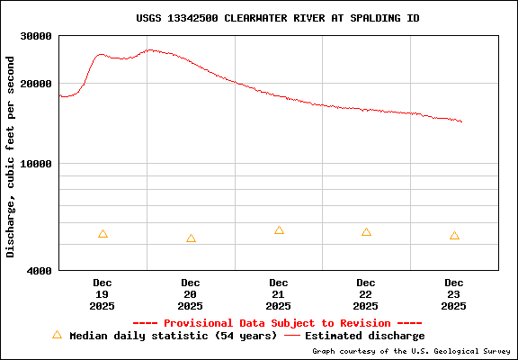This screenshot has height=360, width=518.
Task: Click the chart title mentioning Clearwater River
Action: [277, 18]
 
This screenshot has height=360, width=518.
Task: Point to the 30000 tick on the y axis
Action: [36, 37]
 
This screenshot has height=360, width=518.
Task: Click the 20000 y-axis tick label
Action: [36, 84]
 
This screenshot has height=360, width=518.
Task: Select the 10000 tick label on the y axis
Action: [36, 164]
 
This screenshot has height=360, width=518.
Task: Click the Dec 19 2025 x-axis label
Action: [103, 294]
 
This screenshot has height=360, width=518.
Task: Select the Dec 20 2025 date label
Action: [191, 294]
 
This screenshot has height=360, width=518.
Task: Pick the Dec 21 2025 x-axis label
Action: [279, 294]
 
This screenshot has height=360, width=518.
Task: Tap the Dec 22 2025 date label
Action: [366, 294]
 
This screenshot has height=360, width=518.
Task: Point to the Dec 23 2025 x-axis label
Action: [454, 294]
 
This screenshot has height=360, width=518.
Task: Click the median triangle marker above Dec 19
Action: [103, 234]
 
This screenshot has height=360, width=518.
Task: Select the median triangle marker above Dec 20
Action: [191, 238]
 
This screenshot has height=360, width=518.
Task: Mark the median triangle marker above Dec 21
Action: [279, 230]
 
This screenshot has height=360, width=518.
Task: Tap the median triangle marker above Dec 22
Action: [366, 232]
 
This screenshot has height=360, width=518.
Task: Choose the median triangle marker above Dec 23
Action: [454, 236]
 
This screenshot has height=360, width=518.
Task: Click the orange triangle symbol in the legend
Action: [57, 335]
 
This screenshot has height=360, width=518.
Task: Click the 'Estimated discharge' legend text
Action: [364, 336]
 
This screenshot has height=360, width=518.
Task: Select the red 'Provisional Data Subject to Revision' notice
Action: [277, 323]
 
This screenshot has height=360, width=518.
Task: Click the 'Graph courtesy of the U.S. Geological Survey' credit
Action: [412, 352]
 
